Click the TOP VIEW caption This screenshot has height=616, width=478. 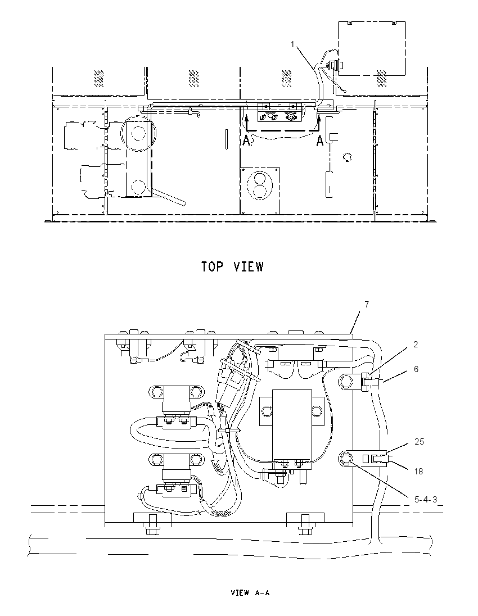[x=232, y=267]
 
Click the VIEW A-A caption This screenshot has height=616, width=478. [x=250, y=593]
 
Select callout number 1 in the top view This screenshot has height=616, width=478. [x=292, y=44]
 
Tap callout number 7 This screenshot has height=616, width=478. [x=367, y=305]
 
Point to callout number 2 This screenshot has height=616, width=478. [x=416, y=345]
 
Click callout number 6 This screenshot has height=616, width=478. [x=416, y=369]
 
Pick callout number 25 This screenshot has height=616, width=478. [x=420, y=442]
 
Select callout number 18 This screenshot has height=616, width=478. [x=418, y=471]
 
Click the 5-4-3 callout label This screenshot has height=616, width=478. [x=426, y=500]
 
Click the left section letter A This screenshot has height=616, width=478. [x=246, y=141]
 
